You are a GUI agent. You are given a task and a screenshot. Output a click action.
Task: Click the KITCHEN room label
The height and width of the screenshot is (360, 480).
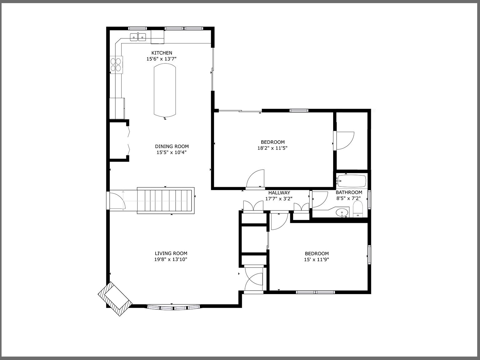click(x=162, y=53)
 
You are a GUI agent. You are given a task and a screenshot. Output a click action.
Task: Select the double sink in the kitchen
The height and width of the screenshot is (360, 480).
click(x=138, y=37)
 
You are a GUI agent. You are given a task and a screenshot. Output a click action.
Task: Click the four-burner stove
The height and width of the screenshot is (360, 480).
click(x=116, y=64)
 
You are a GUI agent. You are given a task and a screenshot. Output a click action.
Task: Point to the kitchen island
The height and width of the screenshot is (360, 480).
click(x=165, y=90)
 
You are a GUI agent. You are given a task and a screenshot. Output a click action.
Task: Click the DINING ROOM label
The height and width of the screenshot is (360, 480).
click(x=172, y=146)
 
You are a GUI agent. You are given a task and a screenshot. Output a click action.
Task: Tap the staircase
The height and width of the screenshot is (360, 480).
click(x=166, y=201)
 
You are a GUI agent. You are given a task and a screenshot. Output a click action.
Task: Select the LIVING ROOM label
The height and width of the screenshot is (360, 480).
click(x=171, y=253)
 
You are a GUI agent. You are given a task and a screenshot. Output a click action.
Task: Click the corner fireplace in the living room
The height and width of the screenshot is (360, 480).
click(x=114, y=299)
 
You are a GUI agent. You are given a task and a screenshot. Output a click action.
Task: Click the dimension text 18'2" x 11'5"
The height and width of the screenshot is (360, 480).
click(x=272, y=148)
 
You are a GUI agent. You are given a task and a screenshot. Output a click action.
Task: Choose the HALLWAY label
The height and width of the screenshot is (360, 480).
click(x=279, y=193)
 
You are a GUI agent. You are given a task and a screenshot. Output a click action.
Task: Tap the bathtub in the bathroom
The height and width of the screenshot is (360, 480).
click(x=352, y=180)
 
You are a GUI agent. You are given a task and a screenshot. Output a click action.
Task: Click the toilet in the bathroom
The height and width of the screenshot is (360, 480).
click(x=357, y=209)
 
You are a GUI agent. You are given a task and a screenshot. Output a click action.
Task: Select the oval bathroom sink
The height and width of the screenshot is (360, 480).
click(x=342, y=212)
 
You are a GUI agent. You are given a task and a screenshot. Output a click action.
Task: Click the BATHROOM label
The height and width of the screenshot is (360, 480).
click(x=349, y=192)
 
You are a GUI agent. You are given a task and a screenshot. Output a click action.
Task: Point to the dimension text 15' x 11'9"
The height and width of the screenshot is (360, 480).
click(x=317, y=259)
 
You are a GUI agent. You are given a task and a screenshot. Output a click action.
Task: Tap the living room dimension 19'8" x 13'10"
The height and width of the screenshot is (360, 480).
click(x=171, y=259)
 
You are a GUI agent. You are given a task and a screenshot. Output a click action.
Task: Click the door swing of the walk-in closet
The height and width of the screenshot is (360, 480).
click(x=344, y=141)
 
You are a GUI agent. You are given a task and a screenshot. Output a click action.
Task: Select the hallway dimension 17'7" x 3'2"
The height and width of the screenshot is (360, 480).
click(x=279, y=198)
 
